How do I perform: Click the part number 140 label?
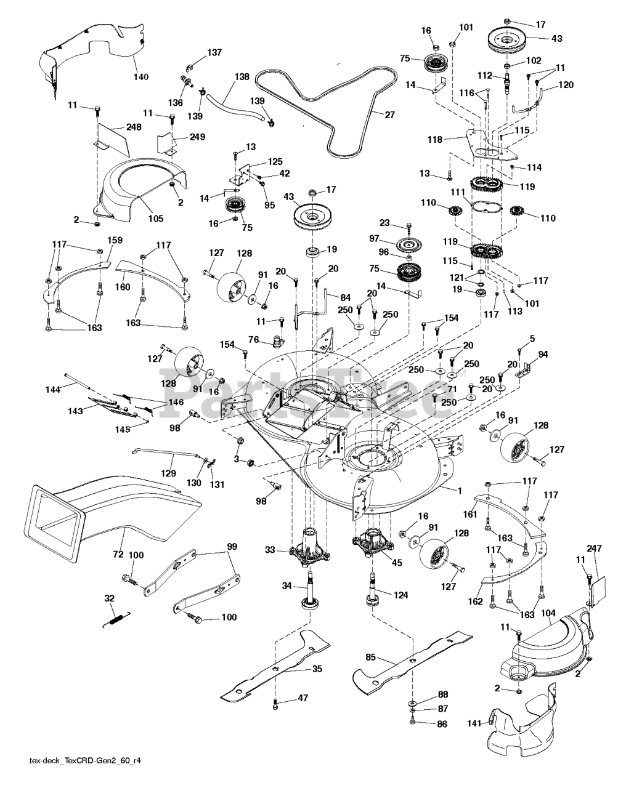click(141, 77)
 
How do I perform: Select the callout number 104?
click(549, 613)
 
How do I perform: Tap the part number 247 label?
click(595, 548)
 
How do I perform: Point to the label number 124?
click(400, 595)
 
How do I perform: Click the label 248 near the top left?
click(134, 127)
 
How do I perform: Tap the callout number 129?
click(169, 473)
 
